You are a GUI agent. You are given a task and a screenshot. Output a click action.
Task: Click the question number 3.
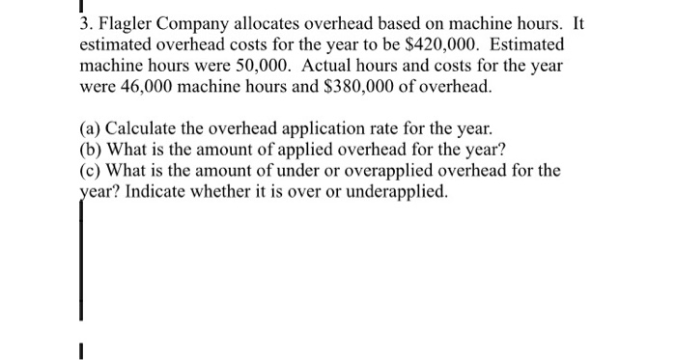coord(84,21)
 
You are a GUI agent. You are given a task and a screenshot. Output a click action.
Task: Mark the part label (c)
coord(93,172)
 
